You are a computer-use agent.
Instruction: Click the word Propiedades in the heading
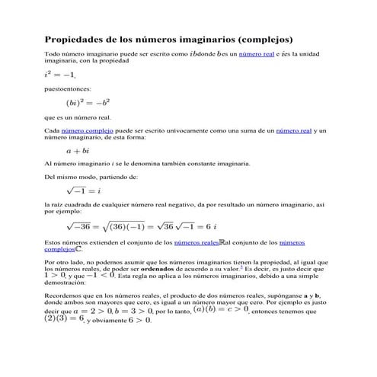tap(75, 38)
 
